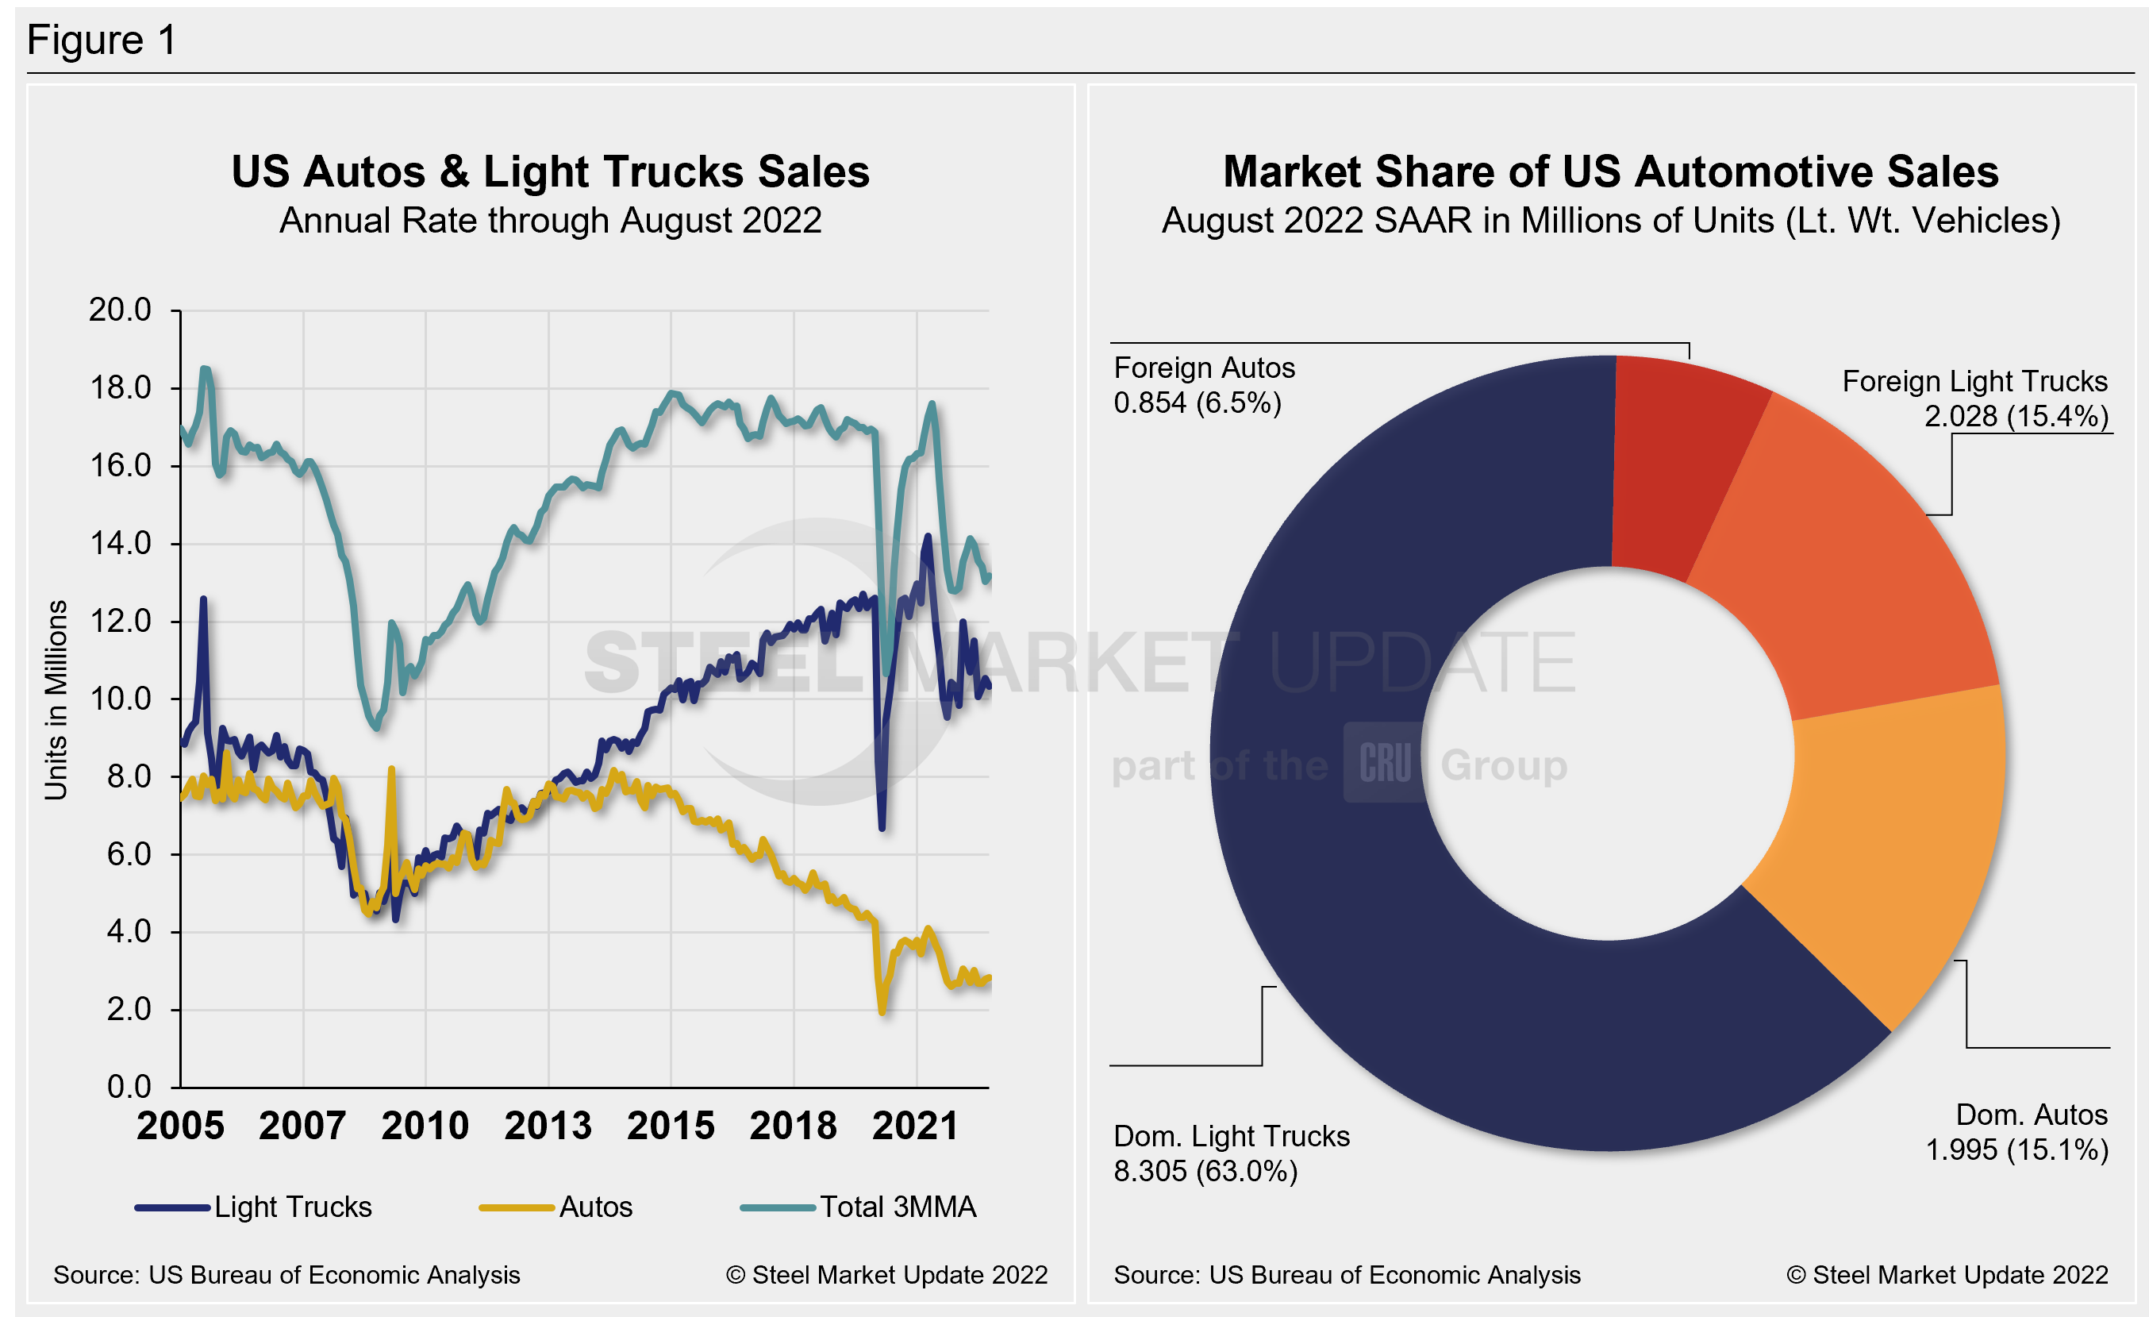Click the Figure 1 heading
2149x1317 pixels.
pos(102,40)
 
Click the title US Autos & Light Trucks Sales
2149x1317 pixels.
pos(550,171)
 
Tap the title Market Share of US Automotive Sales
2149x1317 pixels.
pos(1610,171)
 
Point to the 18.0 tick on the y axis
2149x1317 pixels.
pos(121,388)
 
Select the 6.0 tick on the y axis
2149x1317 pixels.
pos(129,854)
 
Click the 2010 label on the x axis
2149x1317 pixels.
pos(425,1126)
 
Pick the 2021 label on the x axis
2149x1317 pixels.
pos(915,1126)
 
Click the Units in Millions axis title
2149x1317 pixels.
pos(56,699)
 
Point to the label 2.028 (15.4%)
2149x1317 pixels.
pos(2016,416)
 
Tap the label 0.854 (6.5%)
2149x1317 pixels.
pos(1197,403)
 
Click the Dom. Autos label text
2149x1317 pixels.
pos(2031,1115)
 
